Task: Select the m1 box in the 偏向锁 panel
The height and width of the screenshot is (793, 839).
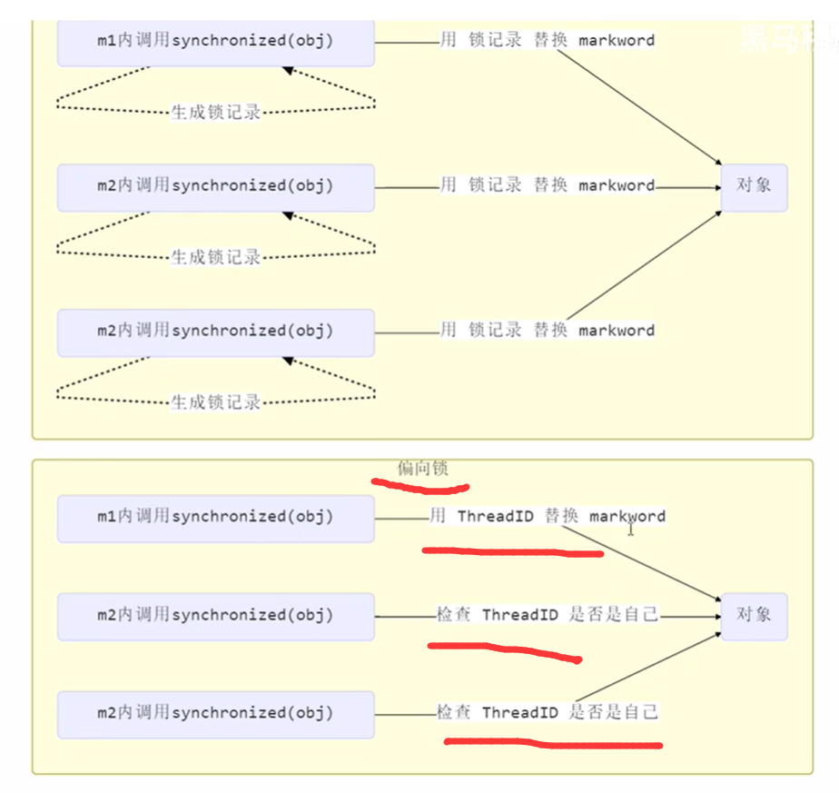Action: coord(215,518)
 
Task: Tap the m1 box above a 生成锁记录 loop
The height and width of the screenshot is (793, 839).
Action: coord(215,42)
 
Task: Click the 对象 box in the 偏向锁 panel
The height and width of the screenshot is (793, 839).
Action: coord(753,616)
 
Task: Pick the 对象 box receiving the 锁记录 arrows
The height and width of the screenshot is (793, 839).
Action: coord(753,186)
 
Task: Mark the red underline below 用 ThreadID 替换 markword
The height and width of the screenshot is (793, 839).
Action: coord(513,550)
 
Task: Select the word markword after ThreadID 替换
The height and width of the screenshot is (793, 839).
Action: coord(627,517)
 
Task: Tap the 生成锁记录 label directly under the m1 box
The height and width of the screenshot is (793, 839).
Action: coord(216,113)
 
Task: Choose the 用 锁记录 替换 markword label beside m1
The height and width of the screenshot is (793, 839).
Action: coord(547,41)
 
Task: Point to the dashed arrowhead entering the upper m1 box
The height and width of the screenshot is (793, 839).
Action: coord(288,70)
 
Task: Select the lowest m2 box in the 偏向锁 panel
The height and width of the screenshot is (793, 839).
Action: coord(215,714)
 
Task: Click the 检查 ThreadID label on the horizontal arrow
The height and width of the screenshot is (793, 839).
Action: coord(547,615)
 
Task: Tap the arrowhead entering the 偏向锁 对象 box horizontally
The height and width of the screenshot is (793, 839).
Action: coord(715,616)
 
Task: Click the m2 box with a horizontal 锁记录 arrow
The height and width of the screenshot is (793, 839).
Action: coord(215,187)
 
